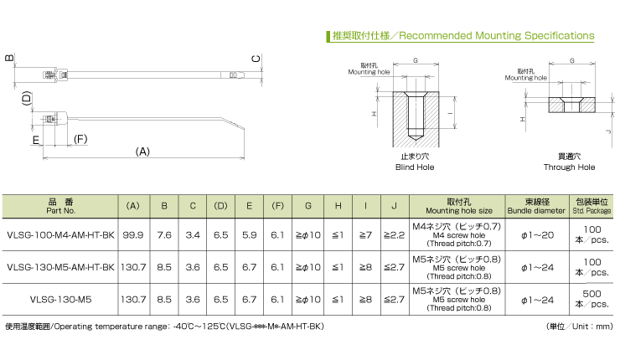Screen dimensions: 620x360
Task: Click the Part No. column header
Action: pos(60,206)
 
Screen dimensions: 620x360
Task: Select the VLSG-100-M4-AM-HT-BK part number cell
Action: pos(60,235)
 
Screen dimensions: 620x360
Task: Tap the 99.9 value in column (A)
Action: pos(133,235)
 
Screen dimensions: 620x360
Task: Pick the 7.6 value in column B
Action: pos(164,235)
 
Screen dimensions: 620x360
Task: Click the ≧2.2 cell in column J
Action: pos(395,235)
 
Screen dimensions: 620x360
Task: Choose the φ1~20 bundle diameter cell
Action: pos(537,235)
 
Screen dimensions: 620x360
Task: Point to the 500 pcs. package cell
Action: pos(592,299)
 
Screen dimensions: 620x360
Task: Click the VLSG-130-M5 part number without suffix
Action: pos(60,300)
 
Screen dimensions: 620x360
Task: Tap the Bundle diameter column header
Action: pos(536,206)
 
